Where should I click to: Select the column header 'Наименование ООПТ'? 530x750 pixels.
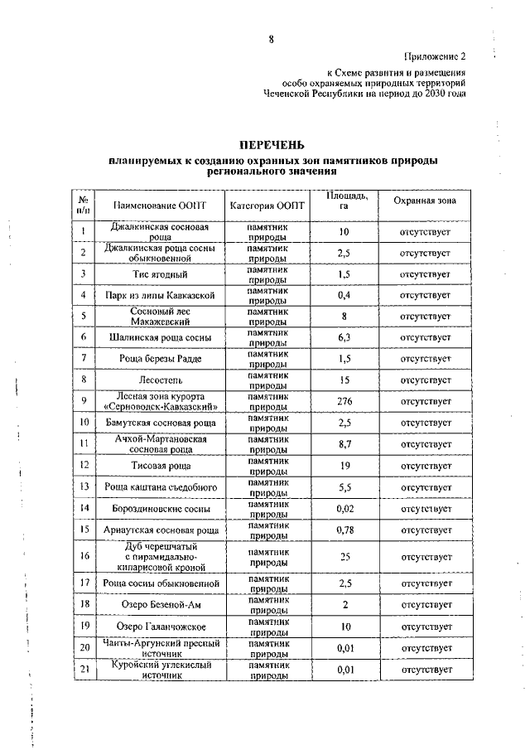161,204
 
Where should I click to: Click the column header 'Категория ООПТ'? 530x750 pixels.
267,204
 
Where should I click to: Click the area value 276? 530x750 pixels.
343,402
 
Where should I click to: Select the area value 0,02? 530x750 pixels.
343,508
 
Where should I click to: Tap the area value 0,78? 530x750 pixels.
343,530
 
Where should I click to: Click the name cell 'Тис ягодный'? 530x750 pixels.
161,273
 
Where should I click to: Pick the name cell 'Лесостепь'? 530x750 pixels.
161,380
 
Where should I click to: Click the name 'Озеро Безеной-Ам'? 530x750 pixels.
161,605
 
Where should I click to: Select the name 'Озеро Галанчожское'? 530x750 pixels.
161,627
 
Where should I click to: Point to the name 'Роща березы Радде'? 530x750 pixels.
161,358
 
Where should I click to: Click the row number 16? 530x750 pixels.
84,556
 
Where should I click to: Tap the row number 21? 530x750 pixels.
84,670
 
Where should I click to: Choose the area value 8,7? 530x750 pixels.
343,444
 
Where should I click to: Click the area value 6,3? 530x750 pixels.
343,337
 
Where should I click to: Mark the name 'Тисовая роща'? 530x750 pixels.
161,466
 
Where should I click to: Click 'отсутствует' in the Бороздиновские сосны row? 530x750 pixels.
424,508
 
